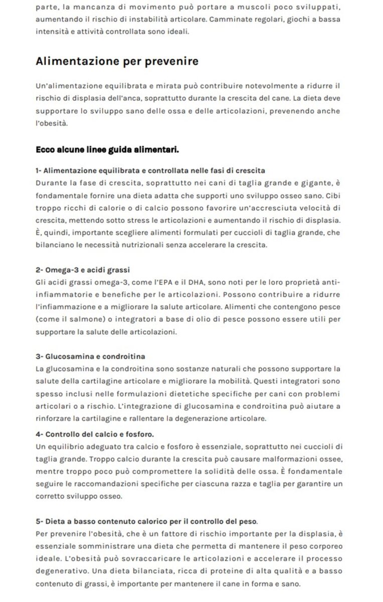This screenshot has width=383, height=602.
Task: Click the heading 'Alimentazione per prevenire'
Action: coord(117,62)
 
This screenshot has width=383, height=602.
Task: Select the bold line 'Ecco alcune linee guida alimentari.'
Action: coord(108,149)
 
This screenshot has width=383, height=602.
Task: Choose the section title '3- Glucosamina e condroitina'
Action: coord(91,357)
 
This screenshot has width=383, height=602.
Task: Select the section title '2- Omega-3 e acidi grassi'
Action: coord(83,270)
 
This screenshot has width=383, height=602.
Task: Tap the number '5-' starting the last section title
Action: coord(40,521)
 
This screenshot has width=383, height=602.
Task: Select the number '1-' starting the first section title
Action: coord(40,171)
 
